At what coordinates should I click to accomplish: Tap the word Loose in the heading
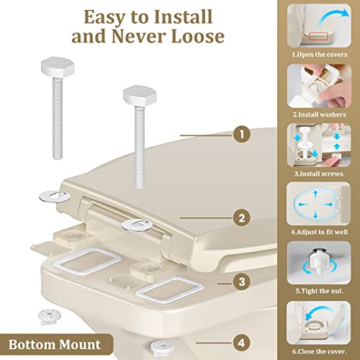point(197,36)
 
